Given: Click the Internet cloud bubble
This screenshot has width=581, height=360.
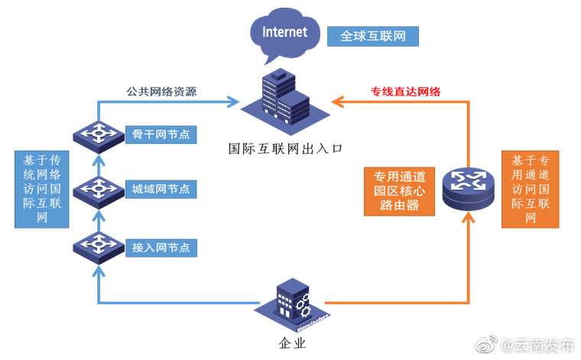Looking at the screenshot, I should coord(284,34).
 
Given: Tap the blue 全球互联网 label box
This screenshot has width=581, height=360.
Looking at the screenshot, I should coord(372,36).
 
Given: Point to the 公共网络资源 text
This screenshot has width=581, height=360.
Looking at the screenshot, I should coord(161,92).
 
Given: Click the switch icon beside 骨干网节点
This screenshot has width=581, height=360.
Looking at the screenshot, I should coord(98,135).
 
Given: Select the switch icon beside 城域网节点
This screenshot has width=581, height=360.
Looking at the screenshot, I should coord(98,189).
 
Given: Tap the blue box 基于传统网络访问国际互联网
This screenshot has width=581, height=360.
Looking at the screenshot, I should coord(42,189).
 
